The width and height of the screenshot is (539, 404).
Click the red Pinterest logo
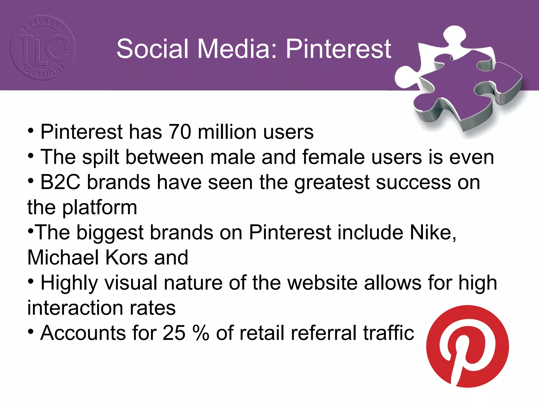pyautogui.click(x=467, y=346)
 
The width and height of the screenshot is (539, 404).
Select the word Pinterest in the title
pyautogui.click(x=338, y=49)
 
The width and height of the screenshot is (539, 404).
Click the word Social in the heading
pyautogui.click(x=153, y=49)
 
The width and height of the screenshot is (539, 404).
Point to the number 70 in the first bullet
pyautogui.click(x=180, y=132)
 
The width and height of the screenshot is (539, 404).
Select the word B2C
pyautogui.click(x=60, y=182)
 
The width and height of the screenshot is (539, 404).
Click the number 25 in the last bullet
pyautogui.click(x=174, y=333)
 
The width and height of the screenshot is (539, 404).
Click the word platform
pyautogui.click(x=100, y=208)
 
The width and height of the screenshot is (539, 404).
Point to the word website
pyautogui.click(x=322, y=283)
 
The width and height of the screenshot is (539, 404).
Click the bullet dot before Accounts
pyautogui.click(x=31, y=332)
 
